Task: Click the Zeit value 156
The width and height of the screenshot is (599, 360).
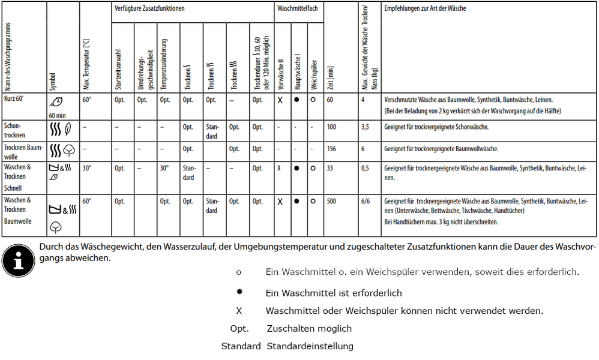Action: [x=333, y=149]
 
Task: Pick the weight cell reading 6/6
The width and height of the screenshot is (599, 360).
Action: [x=366, y=202]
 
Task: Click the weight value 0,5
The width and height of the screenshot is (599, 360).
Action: [x=366, y=169]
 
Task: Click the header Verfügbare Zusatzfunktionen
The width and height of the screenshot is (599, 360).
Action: [x=149, y=9]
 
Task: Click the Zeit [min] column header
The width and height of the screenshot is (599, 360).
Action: [x=330, y=79]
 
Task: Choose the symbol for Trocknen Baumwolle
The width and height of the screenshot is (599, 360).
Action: [x=62, y=149]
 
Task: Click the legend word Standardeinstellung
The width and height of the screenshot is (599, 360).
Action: [x=310, y=346]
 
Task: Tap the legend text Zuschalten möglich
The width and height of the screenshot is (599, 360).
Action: [x=309, y=329]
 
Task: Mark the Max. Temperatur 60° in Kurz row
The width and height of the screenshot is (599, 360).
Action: [x=87, y=100]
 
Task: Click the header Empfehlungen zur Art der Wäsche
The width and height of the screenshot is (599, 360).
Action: [x=424, y=9]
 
